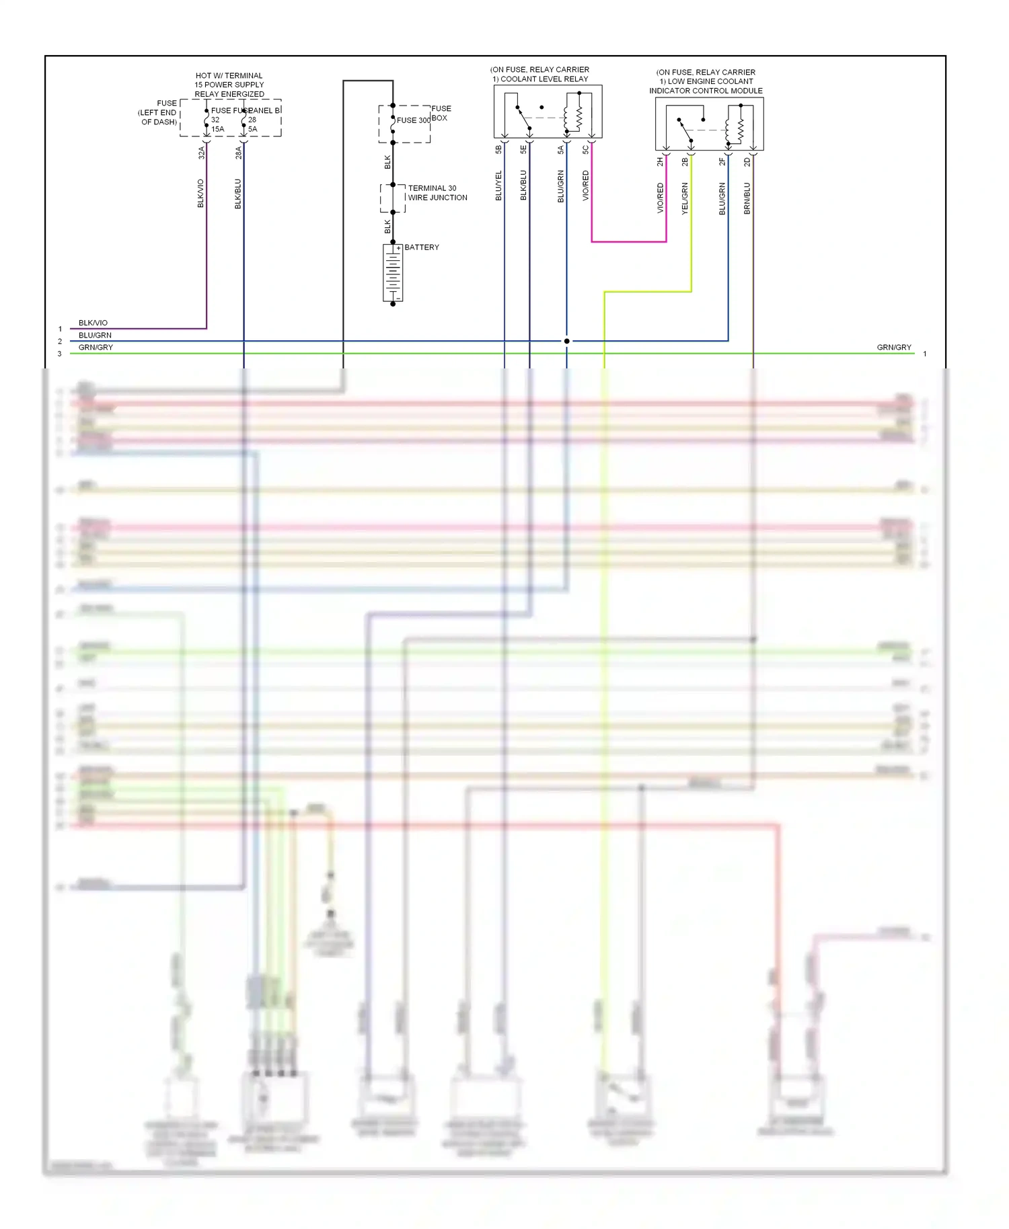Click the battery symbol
393,272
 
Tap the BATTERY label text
422,247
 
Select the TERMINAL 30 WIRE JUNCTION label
437,193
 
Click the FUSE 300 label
413,120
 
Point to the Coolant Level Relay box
548,112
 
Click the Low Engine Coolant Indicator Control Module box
709,124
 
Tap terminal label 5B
498,149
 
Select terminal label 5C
586,149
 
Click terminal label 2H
660,162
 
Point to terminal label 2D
747,162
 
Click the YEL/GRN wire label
685,198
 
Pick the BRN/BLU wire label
747,198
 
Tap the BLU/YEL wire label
498,186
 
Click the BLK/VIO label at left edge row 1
93,323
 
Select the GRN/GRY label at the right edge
894,348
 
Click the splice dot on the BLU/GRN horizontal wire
566,341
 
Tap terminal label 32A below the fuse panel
200,153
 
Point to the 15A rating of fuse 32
218,129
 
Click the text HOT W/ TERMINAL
229,76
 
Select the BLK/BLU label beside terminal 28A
237,194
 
